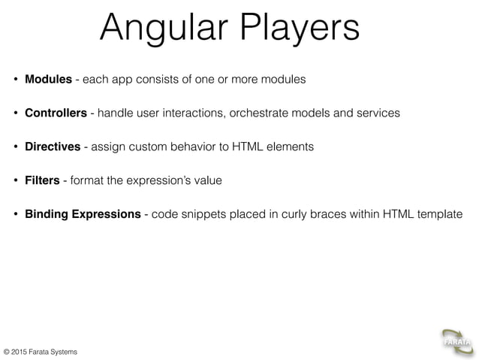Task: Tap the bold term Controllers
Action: pyautogui.click(x=56, y=113)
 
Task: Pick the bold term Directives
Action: pyautogui.click(x=53, y=147)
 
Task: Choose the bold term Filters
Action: pyautogui.click(x=42, y=180)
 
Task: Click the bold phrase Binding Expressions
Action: pyautogui.click(x=83, y=214)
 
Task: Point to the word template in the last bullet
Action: pyautogui.click(x=438, y=214)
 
